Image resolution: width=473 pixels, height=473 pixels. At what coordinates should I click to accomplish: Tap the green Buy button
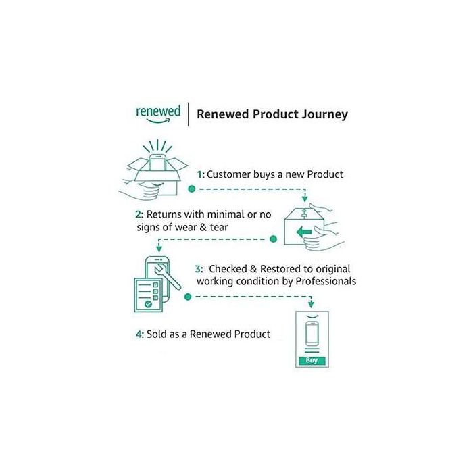(312, 361)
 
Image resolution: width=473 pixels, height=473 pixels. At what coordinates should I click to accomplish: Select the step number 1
(199, 174)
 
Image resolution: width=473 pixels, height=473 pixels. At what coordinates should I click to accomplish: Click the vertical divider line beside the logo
(189, 114)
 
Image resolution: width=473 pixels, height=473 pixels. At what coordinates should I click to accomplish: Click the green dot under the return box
(274, 239)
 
